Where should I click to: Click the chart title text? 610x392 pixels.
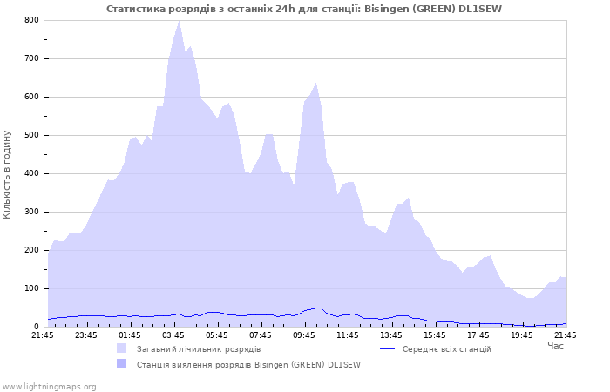pyautogui.click(x=304, y=9)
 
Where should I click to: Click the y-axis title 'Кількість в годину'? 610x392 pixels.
pyautogui.click(x=8, y=173)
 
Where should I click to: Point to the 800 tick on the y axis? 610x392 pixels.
pyautogui.click(x=31, y=20)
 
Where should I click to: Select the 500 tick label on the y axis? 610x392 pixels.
pyautogui.click(x=31, y=135)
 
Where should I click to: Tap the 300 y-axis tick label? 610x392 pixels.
pyautogui.click(x=31, y=212)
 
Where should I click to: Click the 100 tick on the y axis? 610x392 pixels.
pyautogui.click(x=31, y=288)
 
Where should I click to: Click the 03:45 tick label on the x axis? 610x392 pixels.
pyautogui.click(x=173, y=335)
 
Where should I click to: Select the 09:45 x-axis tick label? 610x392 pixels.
pyautogui.click(x=304, y=335)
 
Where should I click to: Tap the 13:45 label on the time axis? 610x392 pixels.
pyautogui.click(x=391, y=335)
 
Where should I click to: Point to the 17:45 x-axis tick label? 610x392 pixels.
pyautogui.click(x=478, y=335)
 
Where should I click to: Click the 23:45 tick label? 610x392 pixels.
pyautogui.click(x=86, y=335)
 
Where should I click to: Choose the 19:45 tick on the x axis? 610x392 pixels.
pyautogui.click(x=522, y=335)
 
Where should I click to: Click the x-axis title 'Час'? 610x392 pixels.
pyautogui.click(x=555, y=347)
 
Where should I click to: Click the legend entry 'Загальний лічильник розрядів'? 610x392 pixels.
pyautogui.click(x=198, y=349)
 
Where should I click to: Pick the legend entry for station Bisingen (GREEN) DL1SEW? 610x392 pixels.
pyautogui.click(x=247, y=365)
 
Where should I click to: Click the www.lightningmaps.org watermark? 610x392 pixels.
pyautogui.click(x=49, y=386)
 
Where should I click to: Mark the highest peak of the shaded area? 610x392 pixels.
pyautogui.click(x=179, y=21)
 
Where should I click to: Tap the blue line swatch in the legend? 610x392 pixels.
pyautogui.click(x=388, y=349)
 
